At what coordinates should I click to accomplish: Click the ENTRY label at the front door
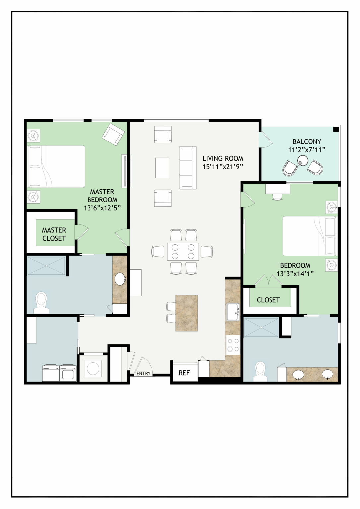coord(143,373)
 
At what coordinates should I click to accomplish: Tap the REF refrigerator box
coord(184,373)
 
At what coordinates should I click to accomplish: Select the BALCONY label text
coord(307,141)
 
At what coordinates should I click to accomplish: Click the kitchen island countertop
coord(187,313)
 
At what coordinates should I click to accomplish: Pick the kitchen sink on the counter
coord(233,312)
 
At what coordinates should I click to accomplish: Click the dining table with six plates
coord(183,252)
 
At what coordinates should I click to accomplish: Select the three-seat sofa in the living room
coord(188,167)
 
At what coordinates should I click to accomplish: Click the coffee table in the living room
coord(162,168)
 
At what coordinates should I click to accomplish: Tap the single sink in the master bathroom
coord(120,279)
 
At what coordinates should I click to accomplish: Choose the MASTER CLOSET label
coord(54,234)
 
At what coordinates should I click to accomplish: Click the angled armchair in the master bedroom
coord(113,134)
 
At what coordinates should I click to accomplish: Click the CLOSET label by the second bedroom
coord(268,300)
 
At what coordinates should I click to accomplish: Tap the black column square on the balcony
coord(336,129)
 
